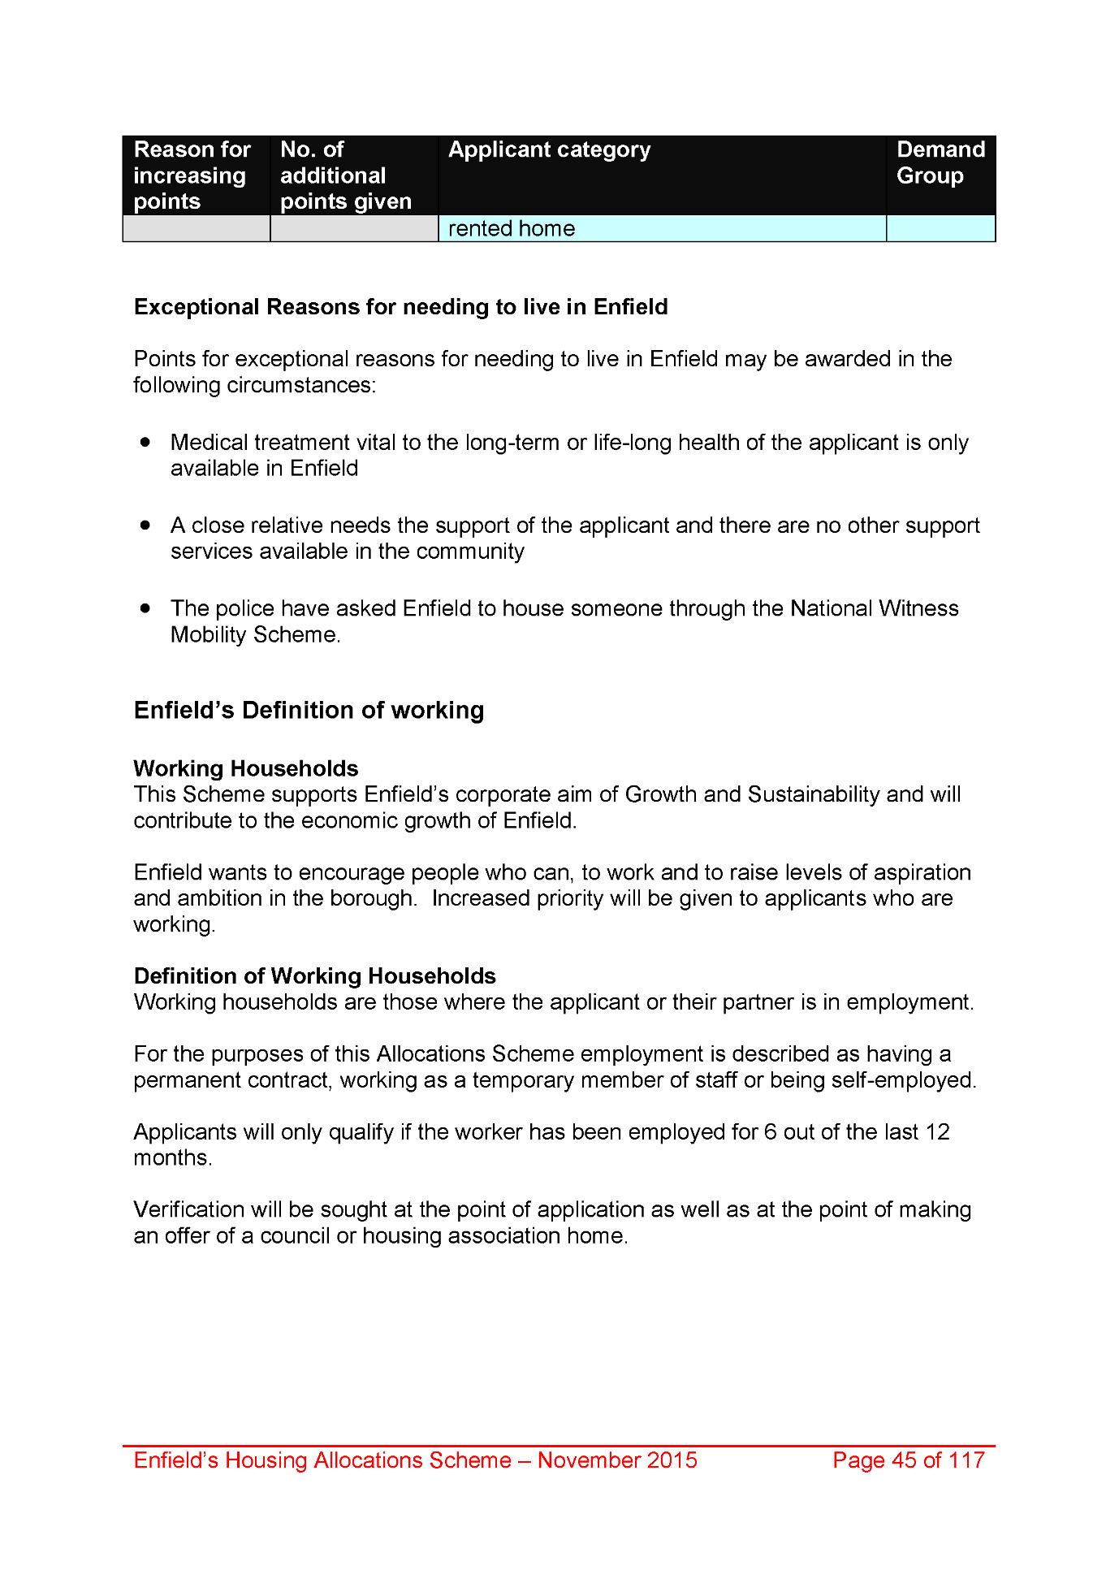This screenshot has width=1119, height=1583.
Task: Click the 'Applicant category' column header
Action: (x=549, y=150)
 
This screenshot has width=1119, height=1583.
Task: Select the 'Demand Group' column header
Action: (x=940, y=162)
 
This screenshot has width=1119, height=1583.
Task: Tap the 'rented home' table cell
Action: (x=512, y=229)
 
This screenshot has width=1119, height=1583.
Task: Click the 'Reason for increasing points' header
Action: (x=192, y=175)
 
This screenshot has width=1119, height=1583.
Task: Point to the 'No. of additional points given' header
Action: (x=346, y=175)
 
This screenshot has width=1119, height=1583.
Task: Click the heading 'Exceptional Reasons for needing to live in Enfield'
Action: (x=400, y=307)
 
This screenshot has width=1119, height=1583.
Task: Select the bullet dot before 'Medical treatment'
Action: (x=145, y=442)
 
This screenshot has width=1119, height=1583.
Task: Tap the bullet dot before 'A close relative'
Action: (x=145, y=526)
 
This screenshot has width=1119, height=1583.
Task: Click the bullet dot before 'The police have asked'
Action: (x=145, y=608)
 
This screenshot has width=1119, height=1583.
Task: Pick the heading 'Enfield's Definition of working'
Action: (x=309, y=711)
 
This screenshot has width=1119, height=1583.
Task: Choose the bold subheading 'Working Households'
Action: (x=245, y=768)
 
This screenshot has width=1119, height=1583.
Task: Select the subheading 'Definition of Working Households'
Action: (x=314, y=975)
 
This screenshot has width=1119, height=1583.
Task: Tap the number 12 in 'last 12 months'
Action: (x=937, y=1132)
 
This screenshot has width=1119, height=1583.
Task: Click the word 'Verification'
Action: (x=189, y=1210)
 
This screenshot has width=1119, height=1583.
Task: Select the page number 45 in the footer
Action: (x=904, y=1460)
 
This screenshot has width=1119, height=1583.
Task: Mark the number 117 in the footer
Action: (x=966, y=1460)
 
